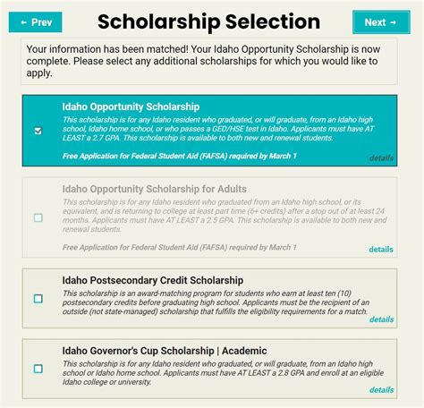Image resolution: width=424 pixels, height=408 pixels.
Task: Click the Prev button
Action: pyautogui.click(x=35, y=22)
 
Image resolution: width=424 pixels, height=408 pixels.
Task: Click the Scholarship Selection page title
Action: pyautogui.click(x=208, y=22)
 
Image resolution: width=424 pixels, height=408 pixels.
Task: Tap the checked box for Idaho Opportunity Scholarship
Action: pyautogui.click(x=38, y=131)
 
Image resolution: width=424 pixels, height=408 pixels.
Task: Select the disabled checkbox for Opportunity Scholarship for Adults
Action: pyautogui.click(x=38, y=217)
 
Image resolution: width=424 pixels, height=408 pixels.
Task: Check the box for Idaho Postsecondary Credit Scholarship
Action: pyautogui.click(x=38, y=299)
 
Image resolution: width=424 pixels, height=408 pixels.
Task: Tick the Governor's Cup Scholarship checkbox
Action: pyautogui.click(x=38, y=368)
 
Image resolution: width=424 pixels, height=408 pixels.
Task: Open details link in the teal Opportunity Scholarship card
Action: pyautogui.click(x=381, y=157)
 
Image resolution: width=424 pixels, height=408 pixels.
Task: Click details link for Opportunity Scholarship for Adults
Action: pyautogui.click(x=381, y=250)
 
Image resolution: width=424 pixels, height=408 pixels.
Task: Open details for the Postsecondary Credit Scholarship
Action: pyautogui.click(x=381, y=319)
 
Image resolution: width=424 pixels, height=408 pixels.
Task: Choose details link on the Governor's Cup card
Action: pyautogui.click(x=381, y=389)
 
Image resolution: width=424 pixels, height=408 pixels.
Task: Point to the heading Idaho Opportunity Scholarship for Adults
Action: pyautogui.click(x=155, y=189)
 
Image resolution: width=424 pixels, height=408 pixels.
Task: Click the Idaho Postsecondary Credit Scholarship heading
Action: pyautogui.click(x=153, y=280)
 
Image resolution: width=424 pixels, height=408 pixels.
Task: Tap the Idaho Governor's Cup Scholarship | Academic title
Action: pyautogui.click(x=165, y=350)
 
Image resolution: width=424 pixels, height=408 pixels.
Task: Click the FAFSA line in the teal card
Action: pyautogui.click(x=179, y=157)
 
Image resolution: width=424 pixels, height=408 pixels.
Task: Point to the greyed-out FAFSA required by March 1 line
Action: pyautogui.click(x=179, y=247)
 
